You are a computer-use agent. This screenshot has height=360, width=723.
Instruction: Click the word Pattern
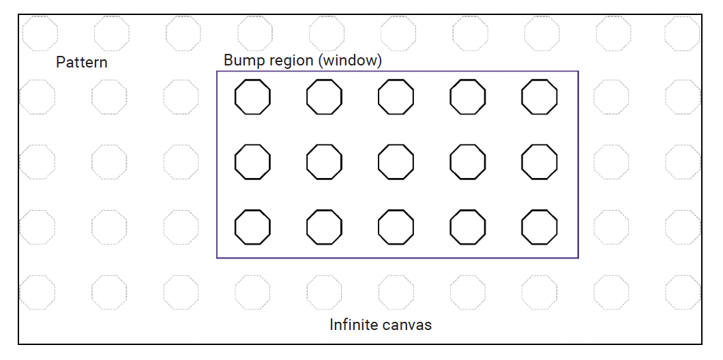click(81, 63)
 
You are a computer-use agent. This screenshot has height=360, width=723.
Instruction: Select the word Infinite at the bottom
click(353, 325)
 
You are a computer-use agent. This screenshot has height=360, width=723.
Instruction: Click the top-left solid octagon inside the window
click(252, 97)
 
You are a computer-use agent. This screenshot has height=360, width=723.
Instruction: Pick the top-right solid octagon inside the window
click(539, 97)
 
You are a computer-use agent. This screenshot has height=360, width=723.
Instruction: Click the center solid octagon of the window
click(396, 162)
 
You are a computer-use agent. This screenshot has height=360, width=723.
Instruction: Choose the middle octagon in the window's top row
click(396, 97)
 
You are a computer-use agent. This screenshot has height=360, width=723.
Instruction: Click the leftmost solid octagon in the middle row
click(252, 162)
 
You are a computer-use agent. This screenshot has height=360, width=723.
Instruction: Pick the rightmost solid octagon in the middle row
click(539, 162)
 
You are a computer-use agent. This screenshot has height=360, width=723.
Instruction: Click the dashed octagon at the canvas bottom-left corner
click(38, 291)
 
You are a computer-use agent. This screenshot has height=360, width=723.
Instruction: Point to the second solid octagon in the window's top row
click(324, 97)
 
